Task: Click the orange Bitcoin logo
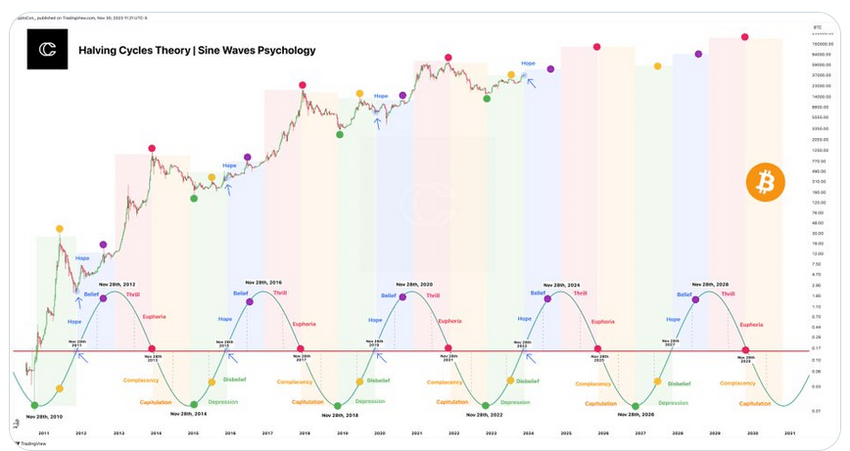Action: coord(765,183)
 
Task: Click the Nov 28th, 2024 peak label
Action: coord(568,283)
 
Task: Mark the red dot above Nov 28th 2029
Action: coord(746,349)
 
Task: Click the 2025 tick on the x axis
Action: coord(565,431)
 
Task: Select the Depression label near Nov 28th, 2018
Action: coord(369,401)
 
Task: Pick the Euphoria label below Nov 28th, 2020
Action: coord(449,321)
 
